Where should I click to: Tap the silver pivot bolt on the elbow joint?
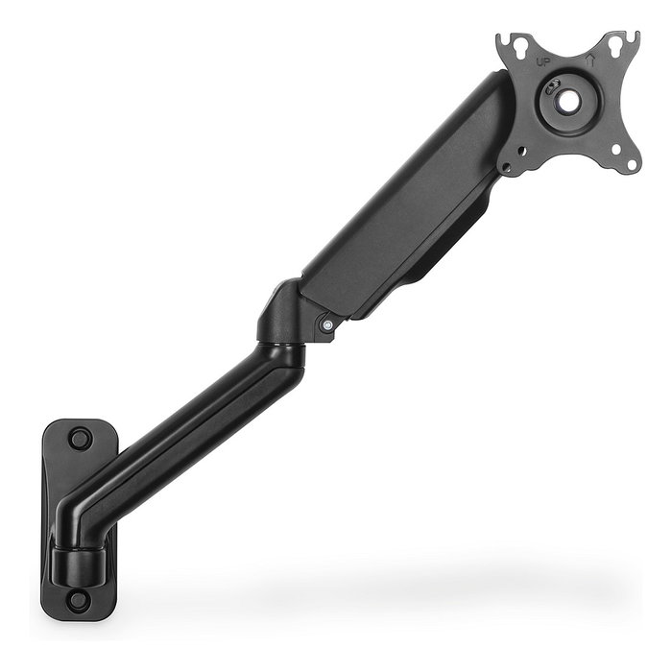(328, 324)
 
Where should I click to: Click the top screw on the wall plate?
(79, 439)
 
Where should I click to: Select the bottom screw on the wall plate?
(79, 601)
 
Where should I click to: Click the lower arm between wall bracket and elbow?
(192, 422)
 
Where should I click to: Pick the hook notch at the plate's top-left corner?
(505, 40)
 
